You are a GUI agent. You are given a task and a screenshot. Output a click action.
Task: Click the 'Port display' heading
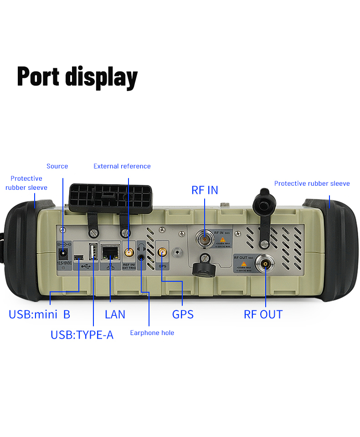[77, 76]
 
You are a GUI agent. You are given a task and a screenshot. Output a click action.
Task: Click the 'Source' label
[57, 166]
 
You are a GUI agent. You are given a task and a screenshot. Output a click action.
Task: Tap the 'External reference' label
[122, 166]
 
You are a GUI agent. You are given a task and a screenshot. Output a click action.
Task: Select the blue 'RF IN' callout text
[205, 190]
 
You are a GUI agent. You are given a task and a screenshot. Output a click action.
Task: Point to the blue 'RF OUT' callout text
[263, 314]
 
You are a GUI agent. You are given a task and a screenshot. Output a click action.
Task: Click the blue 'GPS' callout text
[183, 314]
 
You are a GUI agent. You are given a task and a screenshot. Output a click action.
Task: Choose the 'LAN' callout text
[115, 314]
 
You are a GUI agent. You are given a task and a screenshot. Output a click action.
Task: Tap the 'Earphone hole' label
[152, 333]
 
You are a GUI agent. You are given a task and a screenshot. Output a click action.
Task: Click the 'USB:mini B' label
[39, 314]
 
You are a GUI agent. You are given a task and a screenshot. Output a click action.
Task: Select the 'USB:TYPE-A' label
[82, 335]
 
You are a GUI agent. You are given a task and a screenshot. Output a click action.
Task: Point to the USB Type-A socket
[93, 251]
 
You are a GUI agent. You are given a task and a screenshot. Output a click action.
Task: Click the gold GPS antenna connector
[162, 252]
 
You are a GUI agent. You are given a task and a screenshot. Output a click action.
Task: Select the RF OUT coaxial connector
[265, 264]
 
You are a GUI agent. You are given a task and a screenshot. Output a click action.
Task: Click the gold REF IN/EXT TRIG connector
[129, 252]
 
